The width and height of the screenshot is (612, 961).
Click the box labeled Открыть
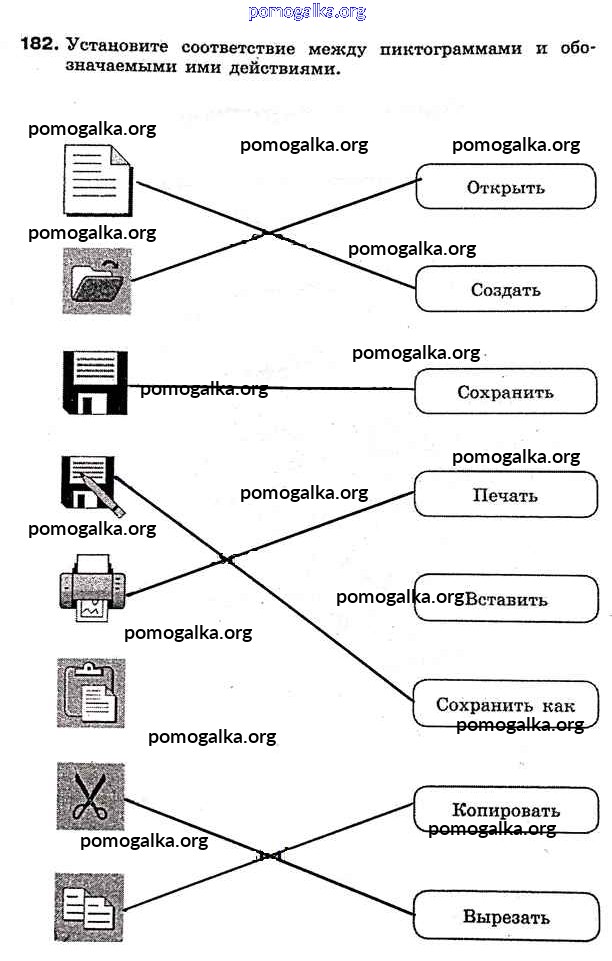(x=505, y=187)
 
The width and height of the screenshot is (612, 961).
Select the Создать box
(x=505, y=290)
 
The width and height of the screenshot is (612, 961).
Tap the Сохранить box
(x=505, y=392)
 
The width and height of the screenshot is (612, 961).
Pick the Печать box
(x=505, y=495)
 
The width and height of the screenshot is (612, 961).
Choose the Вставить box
(x=505, y=600)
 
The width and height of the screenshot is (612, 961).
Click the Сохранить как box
(x=505, y=704)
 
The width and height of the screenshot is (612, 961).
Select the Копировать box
(x=505, y=810)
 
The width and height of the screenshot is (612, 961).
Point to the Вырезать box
(x=505, y=916)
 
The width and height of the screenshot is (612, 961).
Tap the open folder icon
(x=96, y=282)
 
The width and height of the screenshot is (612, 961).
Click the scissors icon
(x=90, y=796)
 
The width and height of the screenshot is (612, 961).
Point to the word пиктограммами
(x=463, y=47)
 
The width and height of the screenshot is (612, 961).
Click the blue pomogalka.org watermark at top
(x=306, y=12)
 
